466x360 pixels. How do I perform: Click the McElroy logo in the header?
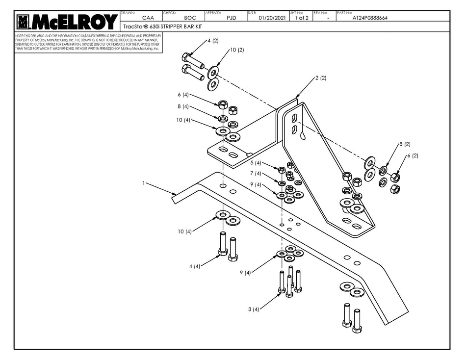(x=67, y=21)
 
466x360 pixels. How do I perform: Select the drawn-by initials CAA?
(x=141, y=18)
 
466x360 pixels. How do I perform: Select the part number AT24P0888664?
(x=370, y=18)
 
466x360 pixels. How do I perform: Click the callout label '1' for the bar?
(x=144, y=183)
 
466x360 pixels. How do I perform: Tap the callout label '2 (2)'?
(x=320, y=78)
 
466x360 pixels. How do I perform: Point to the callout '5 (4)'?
(x=255, y=163)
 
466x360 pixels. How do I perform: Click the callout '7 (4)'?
(x=255, y=174)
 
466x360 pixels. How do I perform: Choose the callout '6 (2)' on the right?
(x=412, y=155)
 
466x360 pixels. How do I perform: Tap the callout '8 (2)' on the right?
(x=404, y=144)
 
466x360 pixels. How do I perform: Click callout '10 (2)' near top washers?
(x=237, y=50)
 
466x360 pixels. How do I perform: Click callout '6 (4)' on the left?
(x=183, y=95)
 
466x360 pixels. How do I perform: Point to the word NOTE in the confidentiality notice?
(x=20, y=36)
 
